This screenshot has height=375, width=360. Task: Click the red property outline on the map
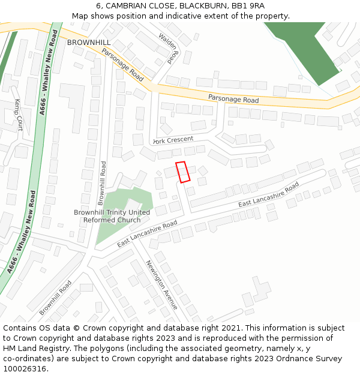(x=182, y=172)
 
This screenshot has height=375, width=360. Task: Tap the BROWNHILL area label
(x=89, y=43)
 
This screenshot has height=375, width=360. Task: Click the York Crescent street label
(x=173, y=140)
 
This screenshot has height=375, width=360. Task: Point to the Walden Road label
(x=169, y=48)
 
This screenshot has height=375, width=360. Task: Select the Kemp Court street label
(x=19, y=115)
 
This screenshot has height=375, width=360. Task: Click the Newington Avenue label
(x=161, y=284)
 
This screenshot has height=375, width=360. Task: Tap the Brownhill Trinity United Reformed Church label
(x=112, y=216)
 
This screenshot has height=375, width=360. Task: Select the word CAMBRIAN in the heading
(x=130, y=6)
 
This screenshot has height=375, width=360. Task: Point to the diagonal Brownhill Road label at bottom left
(x=55, y=298)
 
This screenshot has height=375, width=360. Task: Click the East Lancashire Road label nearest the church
(x=148, y=234)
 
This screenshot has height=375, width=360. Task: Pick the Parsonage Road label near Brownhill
(x=123, y=65)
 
